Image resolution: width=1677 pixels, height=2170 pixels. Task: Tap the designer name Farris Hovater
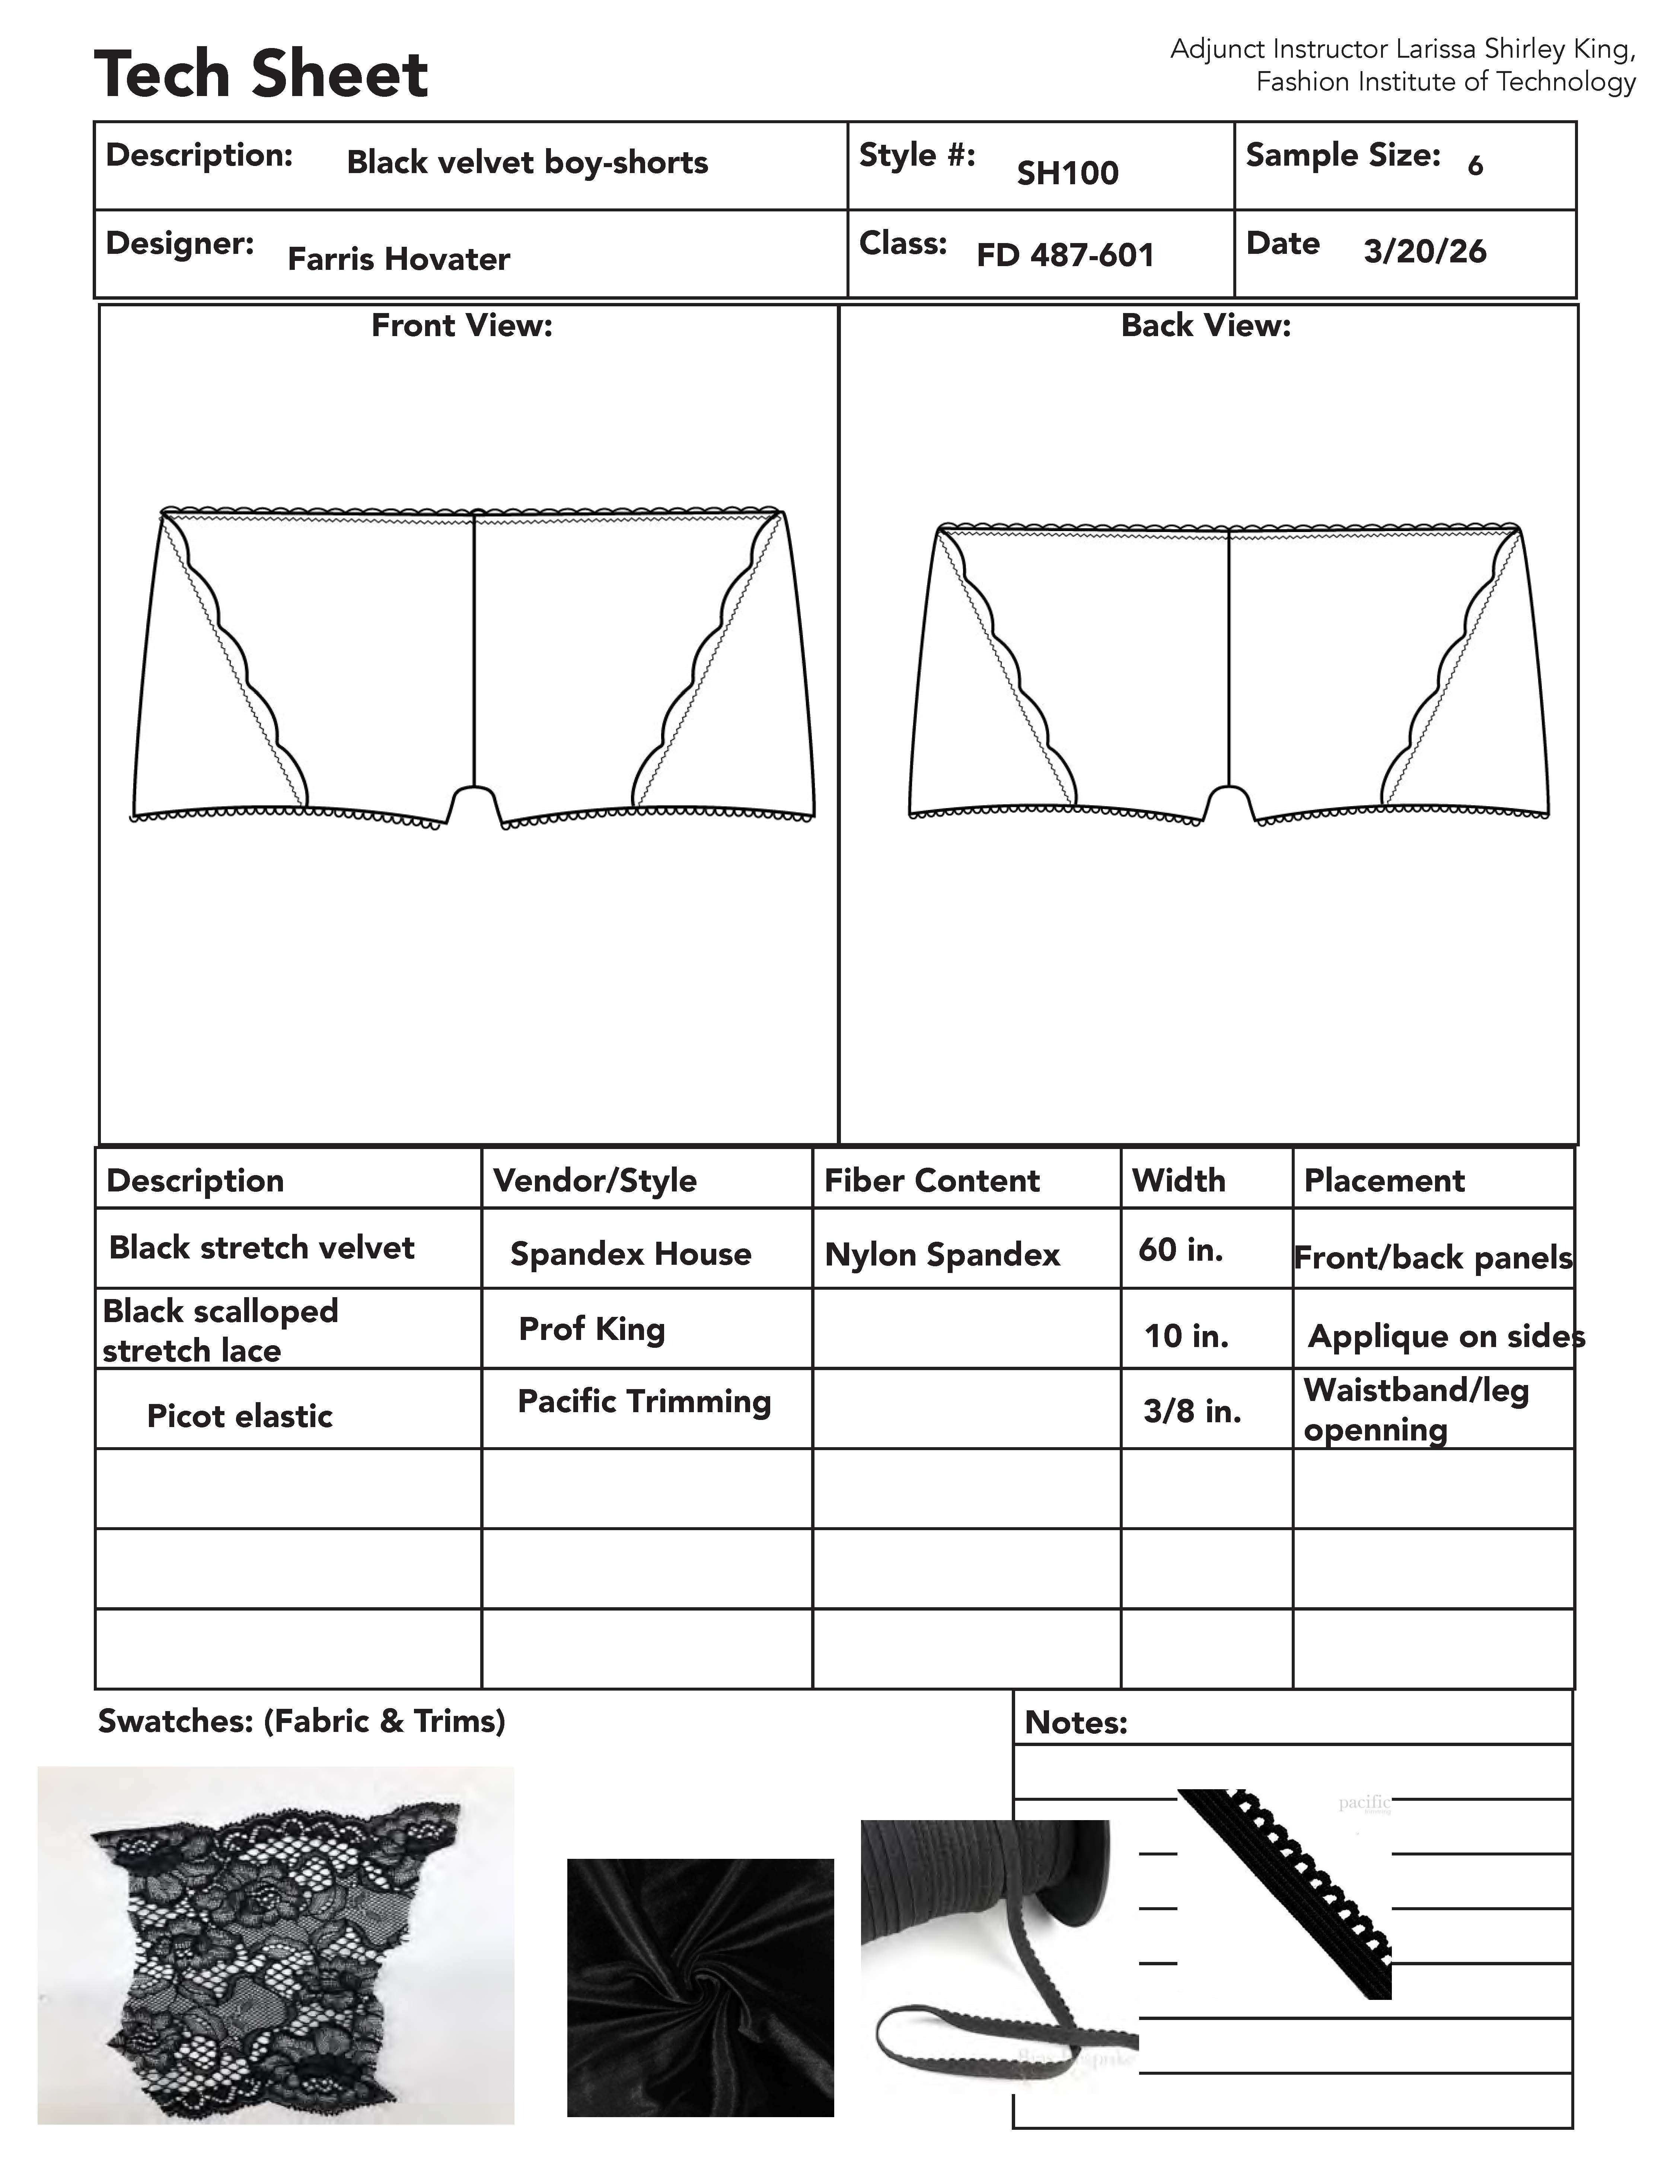[x=398, y=259]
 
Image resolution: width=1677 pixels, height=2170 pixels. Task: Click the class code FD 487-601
[x=1065, y=255]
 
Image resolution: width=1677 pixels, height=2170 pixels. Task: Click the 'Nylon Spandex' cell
[x=942, y=1255]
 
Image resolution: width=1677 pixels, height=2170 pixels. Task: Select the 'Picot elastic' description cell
[x=239, y=1416]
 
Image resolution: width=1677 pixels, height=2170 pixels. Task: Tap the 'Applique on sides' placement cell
[x=1445, y=1336]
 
